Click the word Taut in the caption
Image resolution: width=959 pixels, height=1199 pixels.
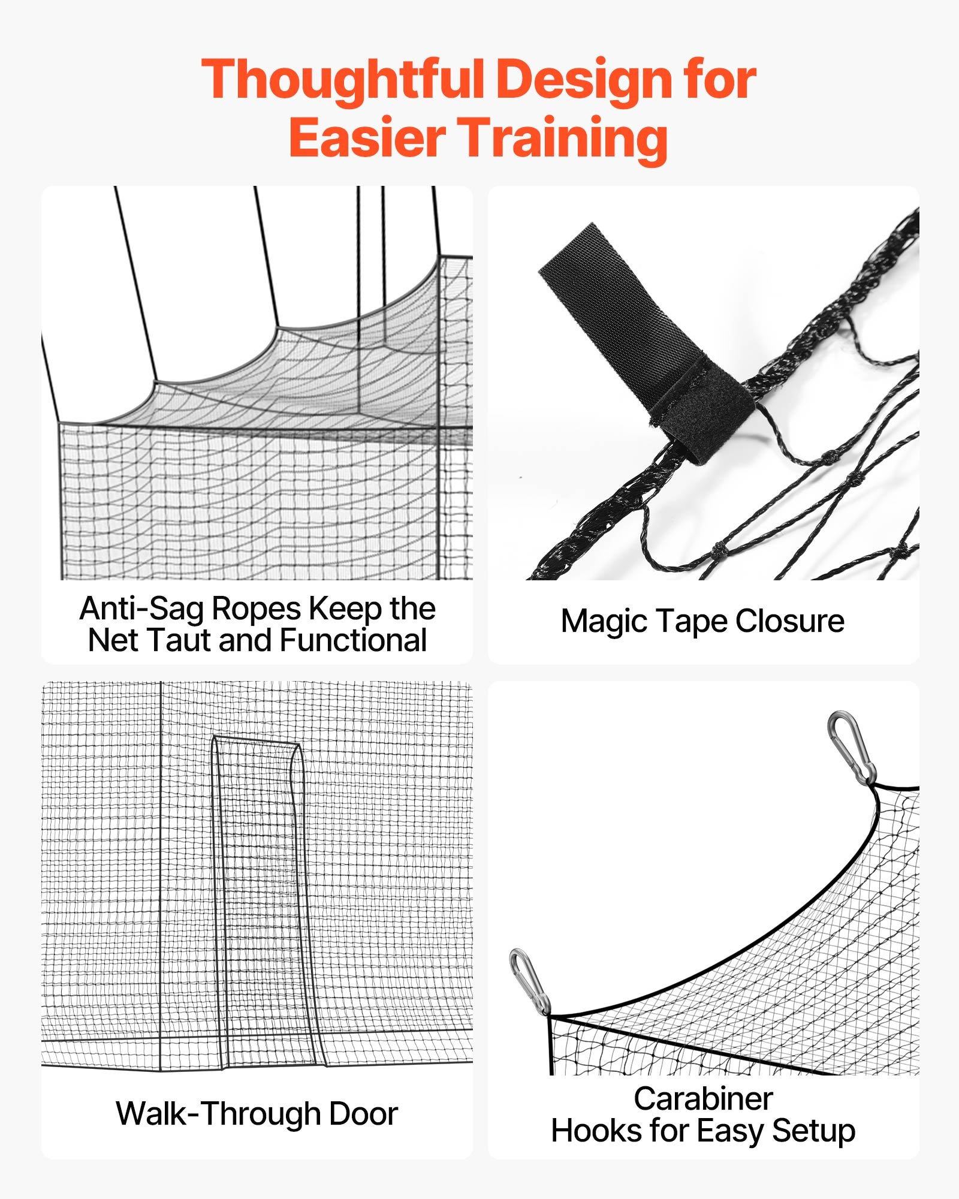(178, 640)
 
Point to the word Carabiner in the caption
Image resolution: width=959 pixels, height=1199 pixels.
(703, 1099)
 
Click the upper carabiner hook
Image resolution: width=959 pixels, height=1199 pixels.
(851, 746)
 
